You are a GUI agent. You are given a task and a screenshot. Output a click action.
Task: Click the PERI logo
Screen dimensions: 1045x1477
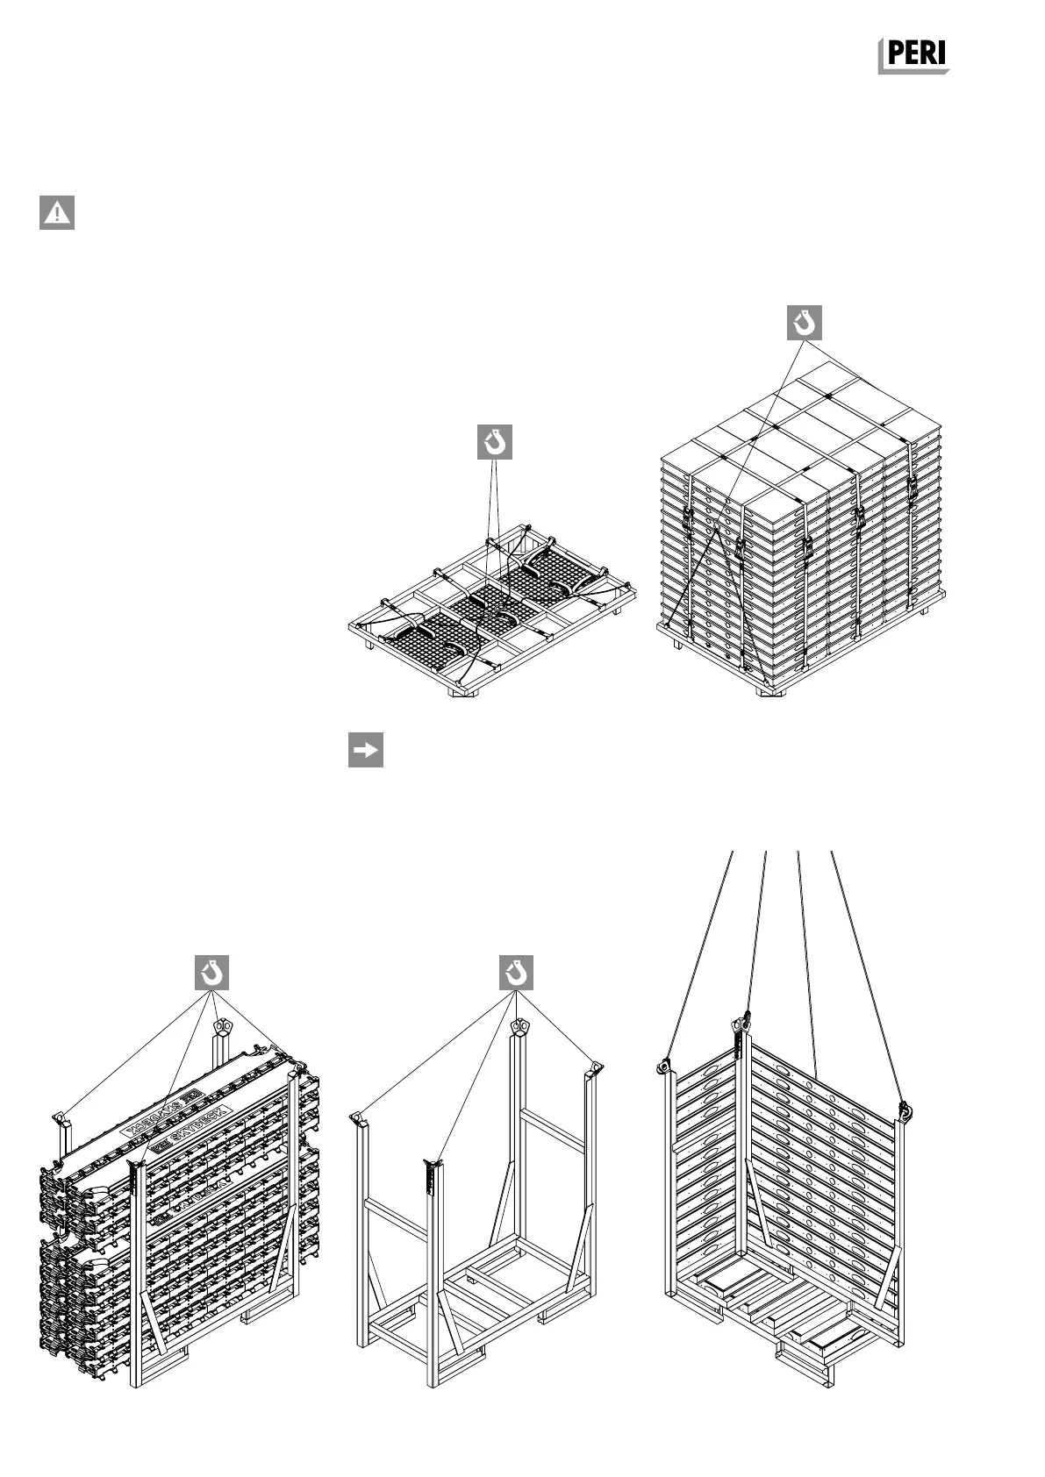click(x=913, y=56)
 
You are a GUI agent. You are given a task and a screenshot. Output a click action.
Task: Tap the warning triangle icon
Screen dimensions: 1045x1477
click(x=57, y=212)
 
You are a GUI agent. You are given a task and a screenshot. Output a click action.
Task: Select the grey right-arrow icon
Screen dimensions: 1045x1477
click(x=365, y=750)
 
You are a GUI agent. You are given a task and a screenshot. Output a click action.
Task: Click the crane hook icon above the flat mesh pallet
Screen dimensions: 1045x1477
click(x=495, y=443)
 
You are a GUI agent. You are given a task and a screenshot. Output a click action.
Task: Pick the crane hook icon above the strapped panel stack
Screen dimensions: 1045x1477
click(x=804, y=323)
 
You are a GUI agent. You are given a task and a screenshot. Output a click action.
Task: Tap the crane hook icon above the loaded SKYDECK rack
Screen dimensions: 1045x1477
click(x=211, y=973)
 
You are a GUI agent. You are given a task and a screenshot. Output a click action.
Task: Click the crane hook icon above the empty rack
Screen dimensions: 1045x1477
click(x=516, y=973)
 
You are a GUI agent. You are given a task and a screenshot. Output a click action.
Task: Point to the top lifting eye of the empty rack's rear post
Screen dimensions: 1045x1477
click(x=520, y=1027)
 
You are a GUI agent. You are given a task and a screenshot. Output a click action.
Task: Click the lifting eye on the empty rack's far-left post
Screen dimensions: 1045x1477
click(x=357, y=1118)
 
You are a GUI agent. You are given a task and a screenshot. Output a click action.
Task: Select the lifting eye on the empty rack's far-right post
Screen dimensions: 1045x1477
click(x=596, y=1067)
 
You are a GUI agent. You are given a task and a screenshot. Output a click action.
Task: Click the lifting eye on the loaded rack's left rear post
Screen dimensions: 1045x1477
click(x=59, y=1117)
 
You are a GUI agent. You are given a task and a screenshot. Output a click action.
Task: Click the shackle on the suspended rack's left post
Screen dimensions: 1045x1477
click(x=663, y=1066)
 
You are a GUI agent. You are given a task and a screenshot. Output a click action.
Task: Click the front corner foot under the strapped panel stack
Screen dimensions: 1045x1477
click(x=772, y=691)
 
